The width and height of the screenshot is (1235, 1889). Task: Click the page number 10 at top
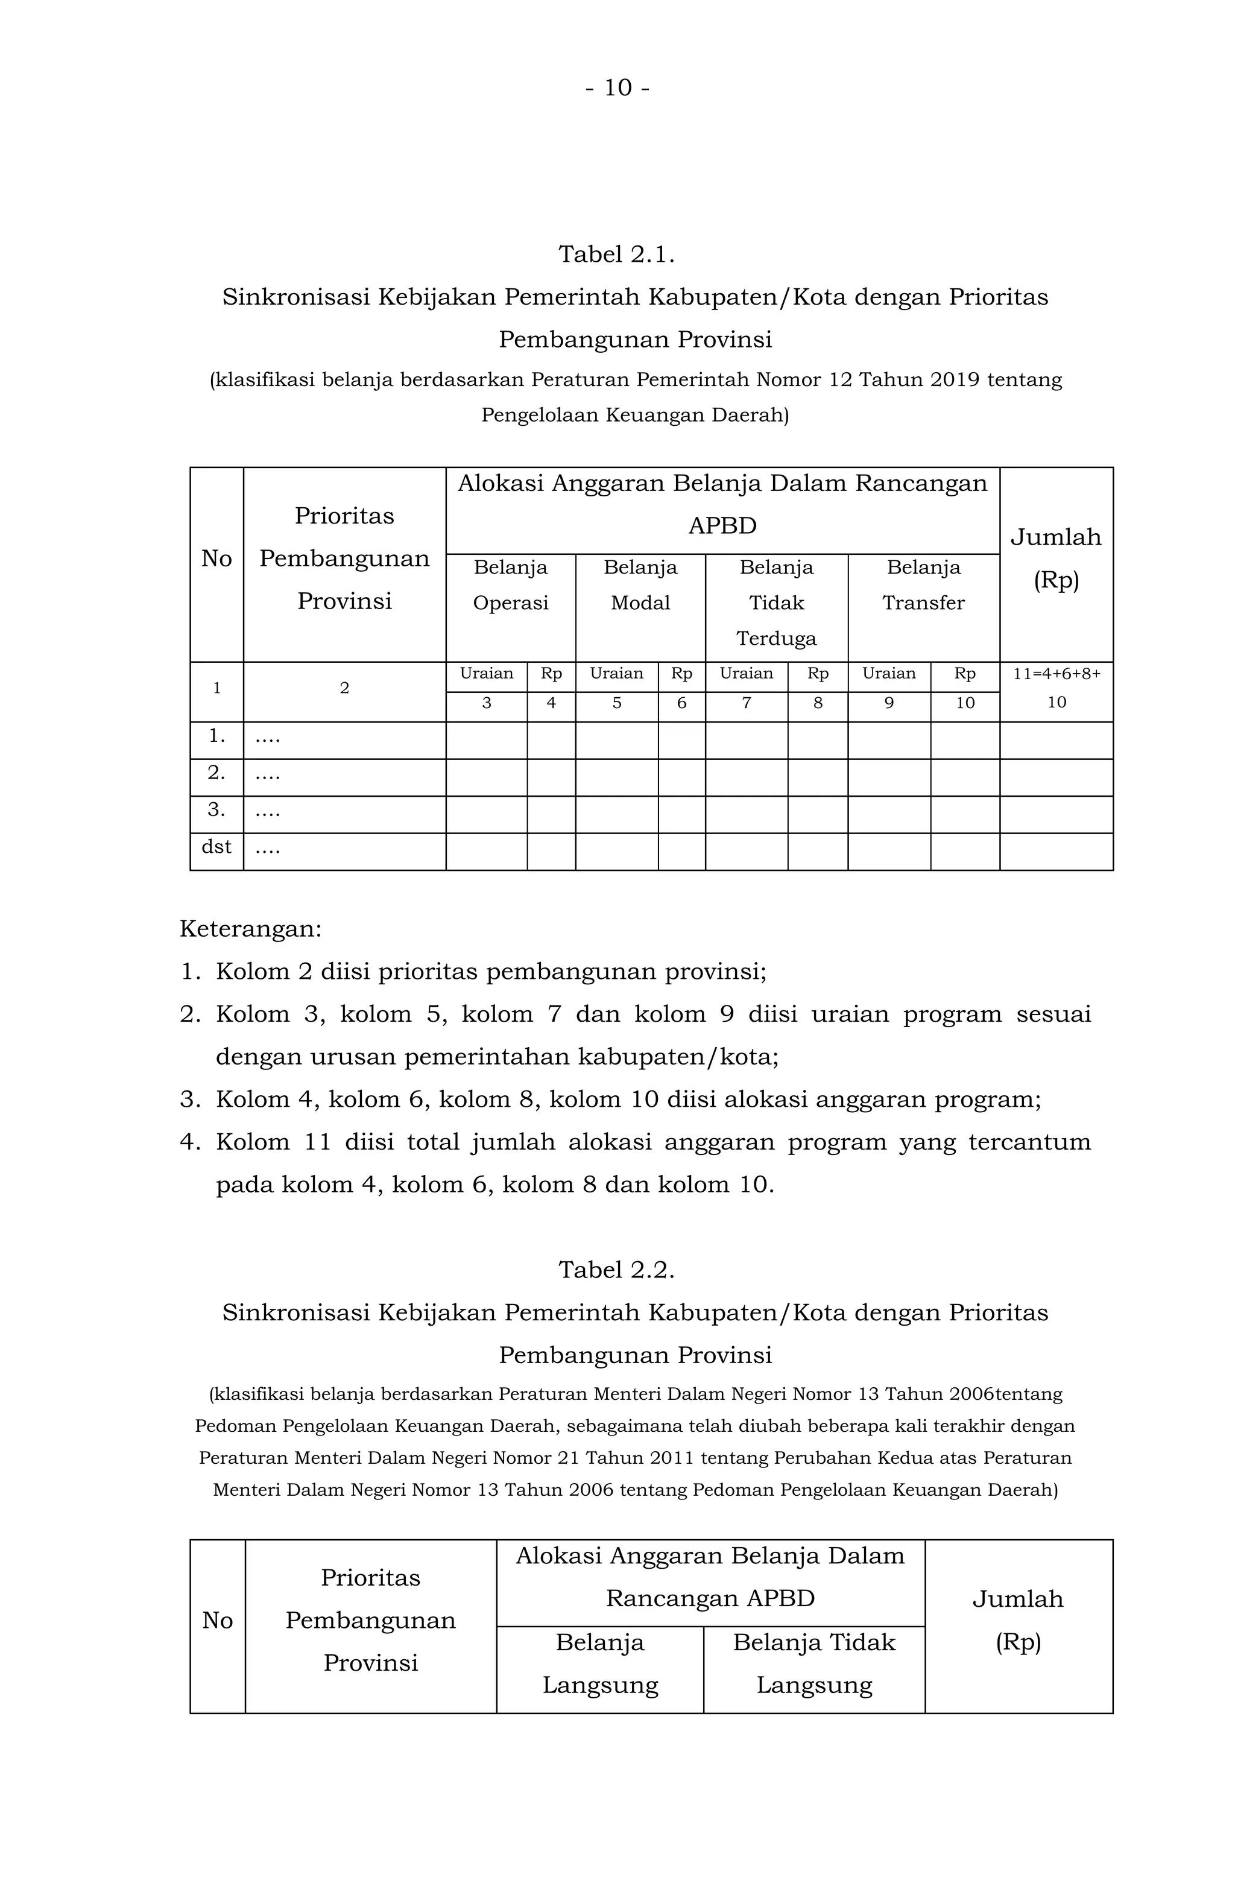(x=617, y=87)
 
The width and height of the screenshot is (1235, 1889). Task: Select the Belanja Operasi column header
(x=510, y=585)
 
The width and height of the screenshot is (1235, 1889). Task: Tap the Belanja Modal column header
(x=640, y=585)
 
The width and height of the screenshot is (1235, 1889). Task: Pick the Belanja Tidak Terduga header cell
(x=775, y=603)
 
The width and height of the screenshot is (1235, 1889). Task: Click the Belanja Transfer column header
(x=923, y=585)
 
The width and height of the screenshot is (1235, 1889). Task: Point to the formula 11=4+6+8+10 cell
(x=1056, y=688)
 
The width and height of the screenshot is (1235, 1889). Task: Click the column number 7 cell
(x=745, y=703)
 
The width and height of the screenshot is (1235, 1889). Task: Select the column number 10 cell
(x=964, y=703)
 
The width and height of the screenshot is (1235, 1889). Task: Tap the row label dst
(x=216, y=846)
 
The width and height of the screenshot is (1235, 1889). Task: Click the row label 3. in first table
(x=216, y=809)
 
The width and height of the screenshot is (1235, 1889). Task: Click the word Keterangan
(x=250, y=929)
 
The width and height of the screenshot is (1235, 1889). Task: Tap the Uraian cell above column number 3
(x=486, y=673)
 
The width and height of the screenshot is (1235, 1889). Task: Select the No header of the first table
(x=216, y=558)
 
